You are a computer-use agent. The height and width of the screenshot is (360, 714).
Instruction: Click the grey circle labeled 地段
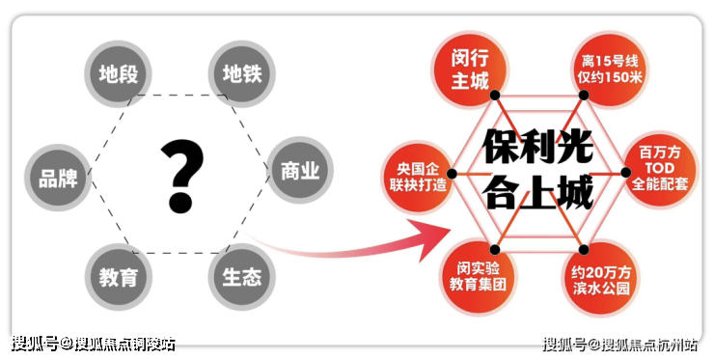[119, 74]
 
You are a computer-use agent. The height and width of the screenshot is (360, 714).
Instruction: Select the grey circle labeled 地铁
[242, 74]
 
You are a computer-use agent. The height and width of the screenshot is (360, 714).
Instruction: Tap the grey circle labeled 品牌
[58, 178]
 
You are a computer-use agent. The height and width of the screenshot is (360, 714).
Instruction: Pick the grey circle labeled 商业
[300, 171]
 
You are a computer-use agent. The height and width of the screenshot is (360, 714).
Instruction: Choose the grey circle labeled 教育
[119, 277]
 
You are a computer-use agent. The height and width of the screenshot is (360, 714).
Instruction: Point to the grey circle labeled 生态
[242, 277]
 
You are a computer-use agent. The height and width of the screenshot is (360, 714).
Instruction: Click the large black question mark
[181, 177]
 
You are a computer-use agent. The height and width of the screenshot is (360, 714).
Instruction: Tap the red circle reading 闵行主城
[470, 69]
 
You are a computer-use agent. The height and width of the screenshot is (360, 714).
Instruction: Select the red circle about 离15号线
[609, 69]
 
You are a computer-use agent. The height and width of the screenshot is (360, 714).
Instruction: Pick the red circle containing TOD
[660, 169]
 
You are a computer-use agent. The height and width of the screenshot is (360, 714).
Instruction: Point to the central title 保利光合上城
[537, 168]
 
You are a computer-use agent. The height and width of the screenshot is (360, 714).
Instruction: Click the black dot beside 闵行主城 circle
[495, 96]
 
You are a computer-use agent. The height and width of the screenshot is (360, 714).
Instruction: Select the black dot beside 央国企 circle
[452, 174]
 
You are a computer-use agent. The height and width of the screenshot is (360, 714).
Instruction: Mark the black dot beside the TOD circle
[625, 172]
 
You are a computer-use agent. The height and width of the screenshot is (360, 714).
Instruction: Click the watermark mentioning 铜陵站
[93, 344]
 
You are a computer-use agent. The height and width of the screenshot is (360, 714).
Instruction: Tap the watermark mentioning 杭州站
[619, 344]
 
